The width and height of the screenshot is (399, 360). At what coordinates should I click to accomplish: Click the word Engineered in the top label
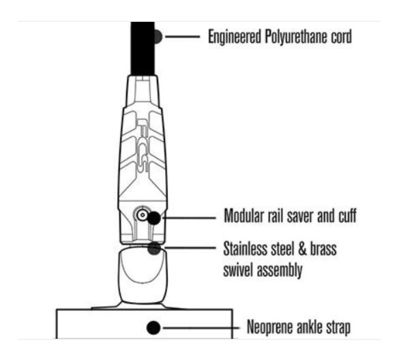coord(235,37)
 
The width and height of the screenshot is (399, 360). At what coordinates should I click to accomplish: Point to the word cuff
coord(347,215)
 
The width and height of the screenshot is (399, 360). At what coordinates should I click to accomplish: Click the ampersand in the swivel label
coord(301,249)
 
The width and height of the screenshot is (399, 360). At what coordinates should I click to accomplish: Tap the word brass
coord(324,249)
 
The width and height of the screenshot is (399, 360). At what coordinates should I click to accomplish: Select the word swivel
coord(238,270)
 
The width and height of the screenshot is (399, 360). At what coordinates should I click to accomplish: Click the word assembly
coord(280,271)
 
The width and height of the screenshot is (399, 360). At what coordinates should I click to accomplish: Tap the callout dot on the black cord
coord(158,37)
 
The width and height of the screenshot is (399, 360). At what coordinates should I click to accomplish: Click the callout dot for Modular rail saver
coord(154,218)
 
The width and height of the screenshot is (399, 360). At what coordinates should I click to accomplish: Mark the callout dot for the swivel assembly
coord(154,248)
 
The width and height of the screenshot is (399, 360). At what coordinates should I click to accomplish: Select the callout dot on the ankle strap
coord(153,328)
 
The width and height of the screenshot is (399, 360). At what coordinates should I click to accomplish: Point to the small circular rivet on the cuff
coord(143,215)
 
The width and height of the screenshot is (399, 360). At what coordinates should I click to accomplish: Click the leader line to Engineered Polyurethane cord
coord(183,37)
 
